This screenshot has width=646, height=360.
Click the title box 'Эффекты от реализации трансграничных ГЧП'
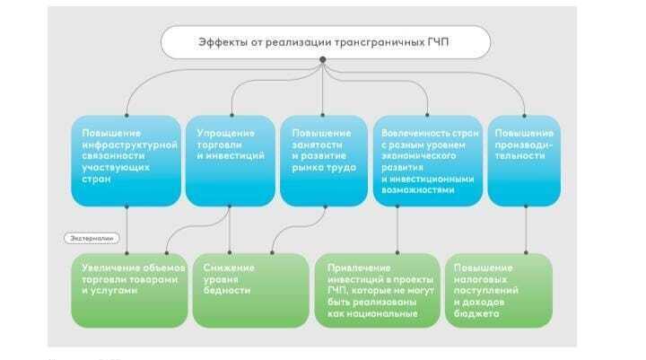[326, 41]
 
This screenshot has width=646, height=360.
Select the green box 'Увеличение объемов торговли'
[128, 291]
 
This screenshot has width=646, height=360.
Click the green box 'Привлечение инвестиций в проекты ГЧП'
[376, 291]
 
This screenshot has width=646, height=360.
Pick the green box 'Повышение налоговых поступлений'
[499, 291]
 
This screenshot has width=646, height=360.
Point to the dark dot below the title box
[322, 60]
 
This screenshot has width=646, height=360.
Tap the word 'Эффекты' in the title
[222, 41]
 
